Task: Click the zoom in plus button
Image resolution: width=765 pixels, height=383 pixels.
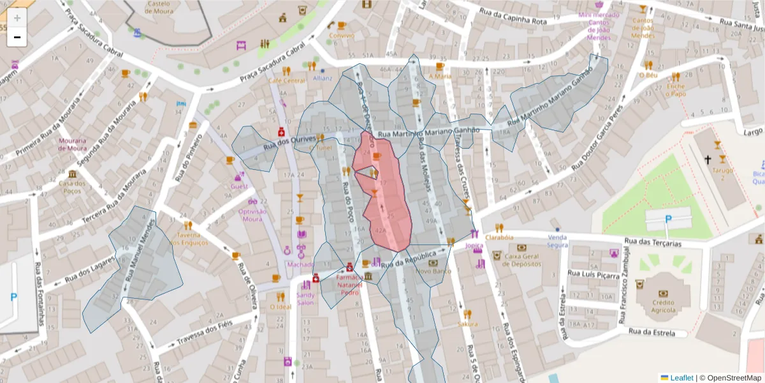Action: (x=17, y=18)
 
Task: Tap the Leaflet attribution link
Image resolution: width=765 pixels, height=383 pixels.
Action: (x=681, y=378)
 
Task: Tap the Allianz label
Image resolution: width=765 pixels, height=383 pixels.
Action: (x=323, y=78)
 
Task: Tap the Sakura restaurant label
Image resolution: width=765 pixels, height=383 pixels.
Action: (x=467, y=324)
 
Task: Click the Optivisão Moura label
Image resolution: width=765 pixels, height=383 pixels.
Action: (x=252, y=215)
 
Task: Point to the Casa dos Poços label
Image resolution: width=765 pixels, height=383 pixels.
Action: (x=71, y=186)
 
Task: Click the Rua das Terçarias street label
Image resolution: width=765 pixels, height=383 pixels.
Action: (x=653, y=243)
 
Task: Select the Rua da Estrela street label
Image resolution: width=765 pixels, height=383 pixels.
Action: (x=652, y=331)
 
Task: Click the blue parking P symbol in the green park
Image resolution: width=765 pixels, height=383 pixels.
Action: (x=668, y=219)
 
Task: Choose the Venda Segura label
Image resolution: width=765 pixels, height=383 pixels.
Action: (x=558, y=241)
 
